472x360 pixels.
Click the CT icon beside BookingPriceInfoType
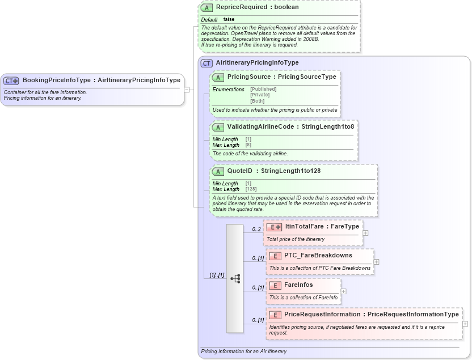[x=11, y=81]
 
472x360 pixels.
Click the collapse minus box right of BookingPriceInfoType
[x=187, y=89]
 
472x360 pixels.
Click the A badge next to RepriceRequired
[x=206, y=8]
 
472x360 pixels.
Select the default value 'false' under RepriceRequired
[x=229, y=19]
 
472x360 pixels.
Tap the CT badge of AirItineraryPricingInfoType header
[x=207, y=63]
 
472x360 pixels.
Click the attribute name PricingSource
[x=248, y=77]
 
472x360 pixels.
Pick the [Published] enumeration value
[x=263, y=89]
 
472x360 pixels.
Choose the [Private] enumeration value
[x=260, y=95]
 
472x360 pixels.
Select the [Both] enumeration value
[x=257, y=100]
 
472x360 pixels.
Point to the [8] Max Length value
[x=248, y=145]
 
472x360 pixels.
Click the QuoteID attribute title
[x=239, y=171]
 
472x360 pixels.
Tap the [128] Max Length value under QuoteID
[x=250, y=189]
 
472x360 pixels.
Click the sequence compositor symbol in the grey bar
[x=235, y=278]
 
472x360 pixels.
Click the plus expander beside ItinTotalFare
[x=365, y=232]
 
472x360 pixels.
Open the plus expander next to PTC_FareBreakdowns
[x=377, y=262]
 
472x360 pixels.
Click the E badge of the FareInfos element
[x=275, y=285]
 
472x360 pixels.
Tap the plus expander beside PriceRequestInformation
[x=465, y=324]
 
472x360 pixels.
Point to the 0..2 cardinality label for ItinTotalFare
[x=256, y=229]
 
